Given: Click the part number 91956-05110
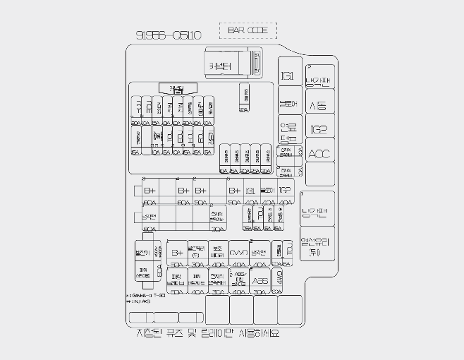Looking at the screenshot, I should pyautogui.click(x=169, y=35).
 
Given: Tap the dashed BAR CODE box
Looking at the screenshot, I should pyautogui.click(x=248, y=30).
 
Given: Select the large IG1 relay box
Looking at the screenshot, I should pyautogui.click(x=288, y=76).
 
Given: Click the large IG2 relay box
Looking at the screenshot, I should pyautogui.click(x=319, y=129).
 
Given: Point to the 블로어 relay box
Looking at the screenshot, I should pyautogui.click(x=288, y=104).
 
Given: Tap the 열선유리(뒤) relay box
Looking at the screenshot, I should pyautogui.click(x=317, y=244).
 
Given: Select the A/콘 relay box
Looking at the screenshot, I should pyautogui.click(x=319, y=106).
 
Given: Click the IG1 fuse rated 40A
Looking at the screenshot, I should pyautogui.click(x=251, y=191).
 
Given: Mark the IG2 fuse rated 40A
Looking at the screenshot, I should pyautogui.click(x=285, y=191).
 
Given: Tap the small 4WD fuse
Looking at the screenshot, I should pyautogui.click(x=279, y=275).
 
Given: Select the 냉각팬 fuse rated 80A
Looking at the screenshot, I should pyautogui.click(x=149, y=216).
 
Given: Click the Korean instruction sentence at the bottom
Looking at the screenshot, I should pyautogui.click(x=209, y=334).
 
